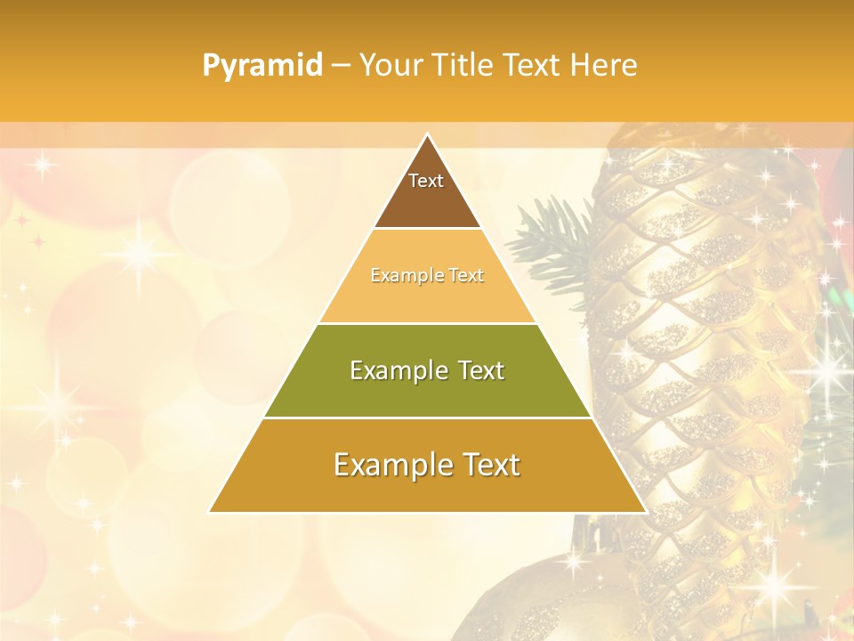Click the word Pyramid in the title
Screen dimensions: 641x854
(x=262, y=66)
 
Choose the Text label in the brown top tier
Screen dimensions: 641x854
(x=426, y=182)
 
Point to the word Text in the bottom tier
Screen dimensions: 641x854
(x=486, y=465)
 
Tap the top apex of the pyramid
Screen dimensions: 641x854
(x=427, y=135)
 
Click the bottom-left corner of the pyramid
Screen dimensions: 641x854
(x=210, y=512)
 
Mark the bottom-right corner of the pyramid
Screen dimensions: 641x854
(x=645, y=512)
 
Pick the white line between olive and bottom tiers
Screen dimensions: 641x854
(x=427, y=418)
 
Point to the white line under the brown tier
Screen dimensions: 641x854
(x=427, y=229)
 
